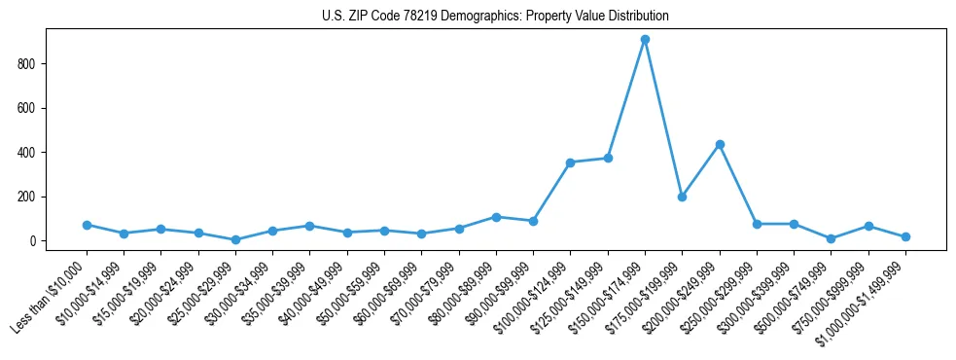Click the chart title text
(495, 17)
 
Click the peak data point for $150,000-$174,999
(645, 40)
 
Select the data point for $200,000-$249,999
(720, 144)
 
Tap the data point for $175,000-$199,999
(682, 197)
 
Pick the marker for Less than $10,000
(87, 225)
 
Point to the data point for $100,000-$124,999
(571, 162)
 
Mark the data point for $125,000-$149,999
(608, 158)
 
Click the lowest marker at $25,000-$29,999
(235, 239)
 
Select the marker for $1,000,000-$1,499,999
(905, 236)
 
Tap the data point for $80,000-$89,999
(496, 217)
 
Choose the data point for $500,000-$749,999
(831, 238)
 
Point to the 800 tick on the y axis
(38, 64)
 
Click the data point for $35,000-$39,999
(309, 226)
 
